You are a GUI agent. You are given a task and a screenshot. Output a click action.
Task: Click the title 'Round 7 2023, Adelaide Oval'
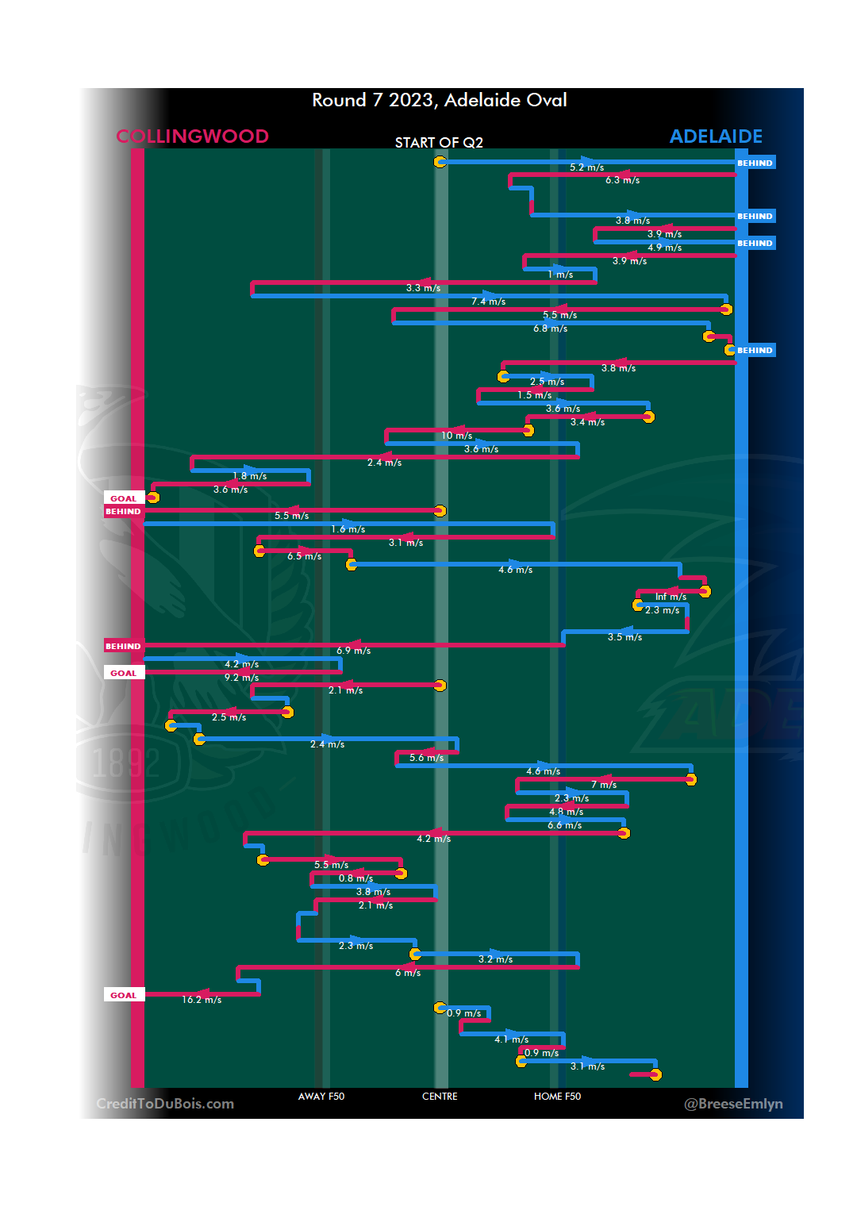pos(439,100)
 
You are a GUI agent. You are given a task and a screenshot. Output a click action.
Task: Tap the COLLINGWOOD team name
pos(192,136)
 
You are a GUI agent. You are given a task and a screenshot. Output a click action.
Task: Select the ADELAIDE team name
pos(716,136)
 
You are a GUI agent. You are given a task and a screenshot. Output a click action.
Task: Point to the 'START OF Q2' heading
pos(439,143)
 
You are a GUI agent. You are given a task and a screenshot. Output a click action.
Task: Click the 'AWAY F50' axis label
pos(321,1097)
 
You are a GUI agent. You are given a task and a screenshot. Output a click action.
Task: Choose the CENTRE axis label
pos(440,1097)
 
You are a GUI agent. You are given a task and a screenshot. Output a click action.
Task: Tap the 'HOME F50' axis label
pos(557,1097)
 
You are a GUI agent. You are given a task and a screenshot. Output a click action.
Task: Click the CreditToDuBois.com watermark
pos(165,1104)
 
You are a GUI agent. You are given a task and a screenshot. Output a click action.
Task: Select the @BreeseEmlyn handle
pos(733,1104)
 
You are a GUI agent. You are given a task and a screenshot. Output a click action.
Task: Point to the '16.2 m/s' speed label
pos(202,1000)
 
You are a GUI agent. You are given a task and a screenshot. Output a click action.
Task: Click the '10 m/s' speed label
pos(457,436)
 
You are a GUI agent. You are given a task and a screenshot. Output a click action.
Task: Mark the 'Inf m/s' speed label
pos(671,597)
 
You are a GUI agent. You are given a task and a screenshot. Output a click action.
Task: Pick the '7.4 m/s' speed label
pos(488,302)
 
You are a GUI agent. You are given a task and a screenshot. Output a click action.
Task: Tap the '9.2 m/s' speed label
pos(241,678)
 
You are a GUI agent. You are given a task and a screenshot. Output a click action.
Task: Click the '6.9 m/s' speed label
pos(353,651)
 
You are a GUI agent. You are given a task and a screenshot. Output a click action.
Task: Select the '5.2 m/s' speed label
pos(586,167)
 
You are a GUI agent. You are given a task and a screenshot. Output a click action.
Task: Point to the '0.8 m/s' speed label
pos(355,878)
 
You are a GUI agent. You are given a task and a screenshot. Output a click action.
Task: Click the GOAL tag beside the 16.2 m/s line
pos(124,995)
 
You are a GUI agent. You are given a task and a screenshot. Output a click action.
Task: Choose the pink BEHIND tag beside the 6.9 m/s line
pos(123,646)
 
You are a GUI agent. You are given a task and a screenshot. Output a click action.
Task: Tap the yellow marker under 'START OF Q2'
pos(440,162)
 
